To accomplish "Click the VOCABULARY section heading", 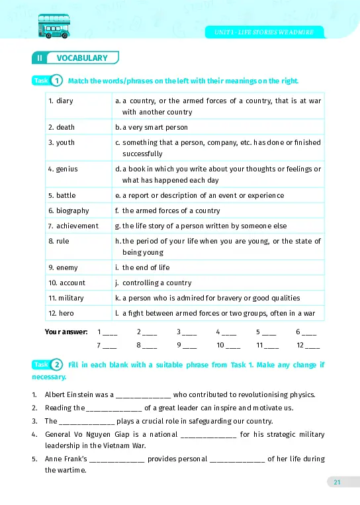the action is click(x=81, y=58).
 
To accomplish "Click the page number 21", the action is click(x=337, y=482).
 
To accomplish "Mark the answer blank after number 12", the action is click(x=312, y=346).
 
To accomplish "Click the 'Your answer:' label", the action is click(x=62, y=332).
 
